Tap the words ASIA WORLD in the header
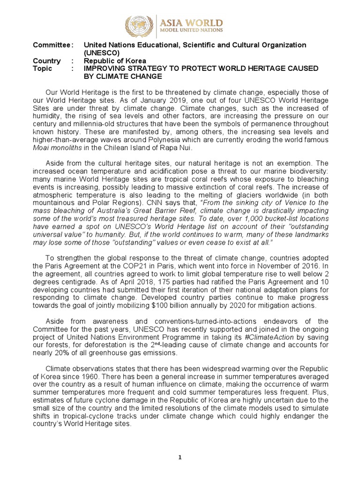pos(192,22)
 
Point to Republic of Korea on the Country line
pos(115,61)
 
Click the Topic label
pos(42,69)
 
